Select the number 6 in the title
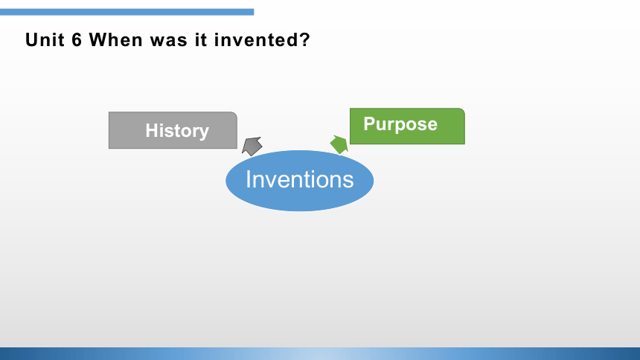77,40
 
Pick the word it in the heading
201,40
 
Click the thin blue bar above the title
127,12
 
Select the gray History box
173,130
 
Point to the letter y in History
204,133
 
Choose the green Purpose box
407,126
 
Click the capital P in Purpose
369,123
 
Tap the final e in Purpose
432,125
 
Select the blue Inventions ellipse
300,181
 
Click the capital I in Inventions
248,179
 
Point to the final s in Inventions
348,181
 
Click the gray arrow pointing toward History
252,146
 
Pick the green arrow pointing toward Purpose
339,144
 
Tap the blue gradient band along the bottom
320,353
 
